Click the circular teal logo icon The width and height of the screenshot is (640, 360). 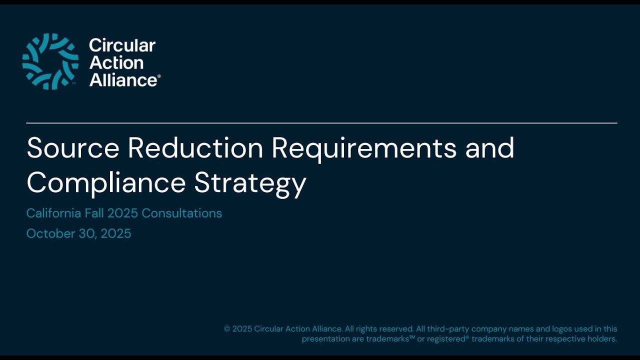coord(50,61)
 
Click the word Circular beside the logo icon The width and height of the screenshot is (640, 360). coord(122,45)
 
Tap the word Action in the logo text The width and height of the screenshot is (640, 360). coord(116,62)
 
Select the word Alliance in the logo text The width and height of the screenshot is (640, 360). coord(123,79)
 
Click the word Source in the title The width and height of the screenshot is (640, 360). coord(73,148)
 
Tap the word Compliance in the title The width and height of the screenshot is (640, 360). coord(106,183)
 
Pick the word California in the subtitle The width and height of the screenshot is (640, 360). coord(53,213)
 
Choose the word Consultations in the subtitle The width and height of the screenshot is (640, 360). coord(181,213)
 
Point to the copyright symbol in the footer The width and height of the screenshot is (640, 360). coord(227,329)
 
